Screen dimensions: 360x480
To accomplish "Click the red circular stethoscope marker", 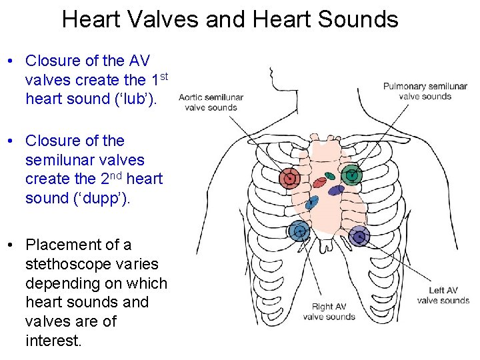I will [x=291, y=178].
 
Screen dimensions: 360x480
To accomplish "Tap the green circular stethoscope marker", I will [x=351, y=175].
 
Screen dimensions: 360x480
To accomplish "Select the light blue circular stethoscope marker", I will [x=299, y=231].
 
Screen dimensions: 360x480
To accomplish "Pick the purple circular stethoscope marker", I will [x=359, y=235].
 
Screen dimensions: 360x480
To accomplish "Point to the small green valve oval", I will [x=329, y=177].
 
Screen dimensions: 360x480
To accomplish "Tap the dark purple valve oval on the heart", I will [x=336, y=190].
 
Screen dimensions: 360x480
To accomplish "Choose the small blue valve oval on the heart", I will [x=313, y=199].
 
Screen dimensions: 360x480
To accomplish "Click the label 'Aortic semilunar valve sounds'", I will [x=211, y=102].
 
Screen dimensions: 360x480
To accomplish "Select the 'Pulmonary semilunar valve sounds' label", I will [x=425, y=91].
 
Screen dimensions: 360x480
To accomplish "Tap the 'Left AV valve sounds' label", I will [x=443, y=295].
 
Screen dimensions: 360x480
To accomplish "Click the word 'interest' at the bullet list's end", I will [x=51, y=341].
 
